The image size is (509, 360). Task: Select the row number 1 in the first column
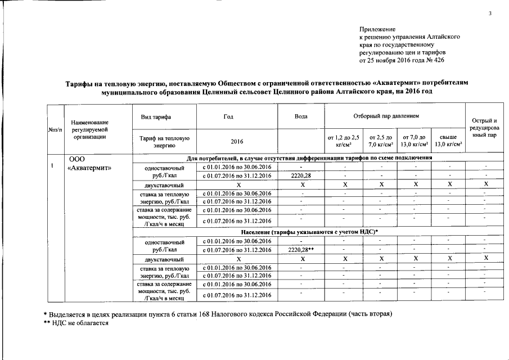(x=52, y=166)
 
